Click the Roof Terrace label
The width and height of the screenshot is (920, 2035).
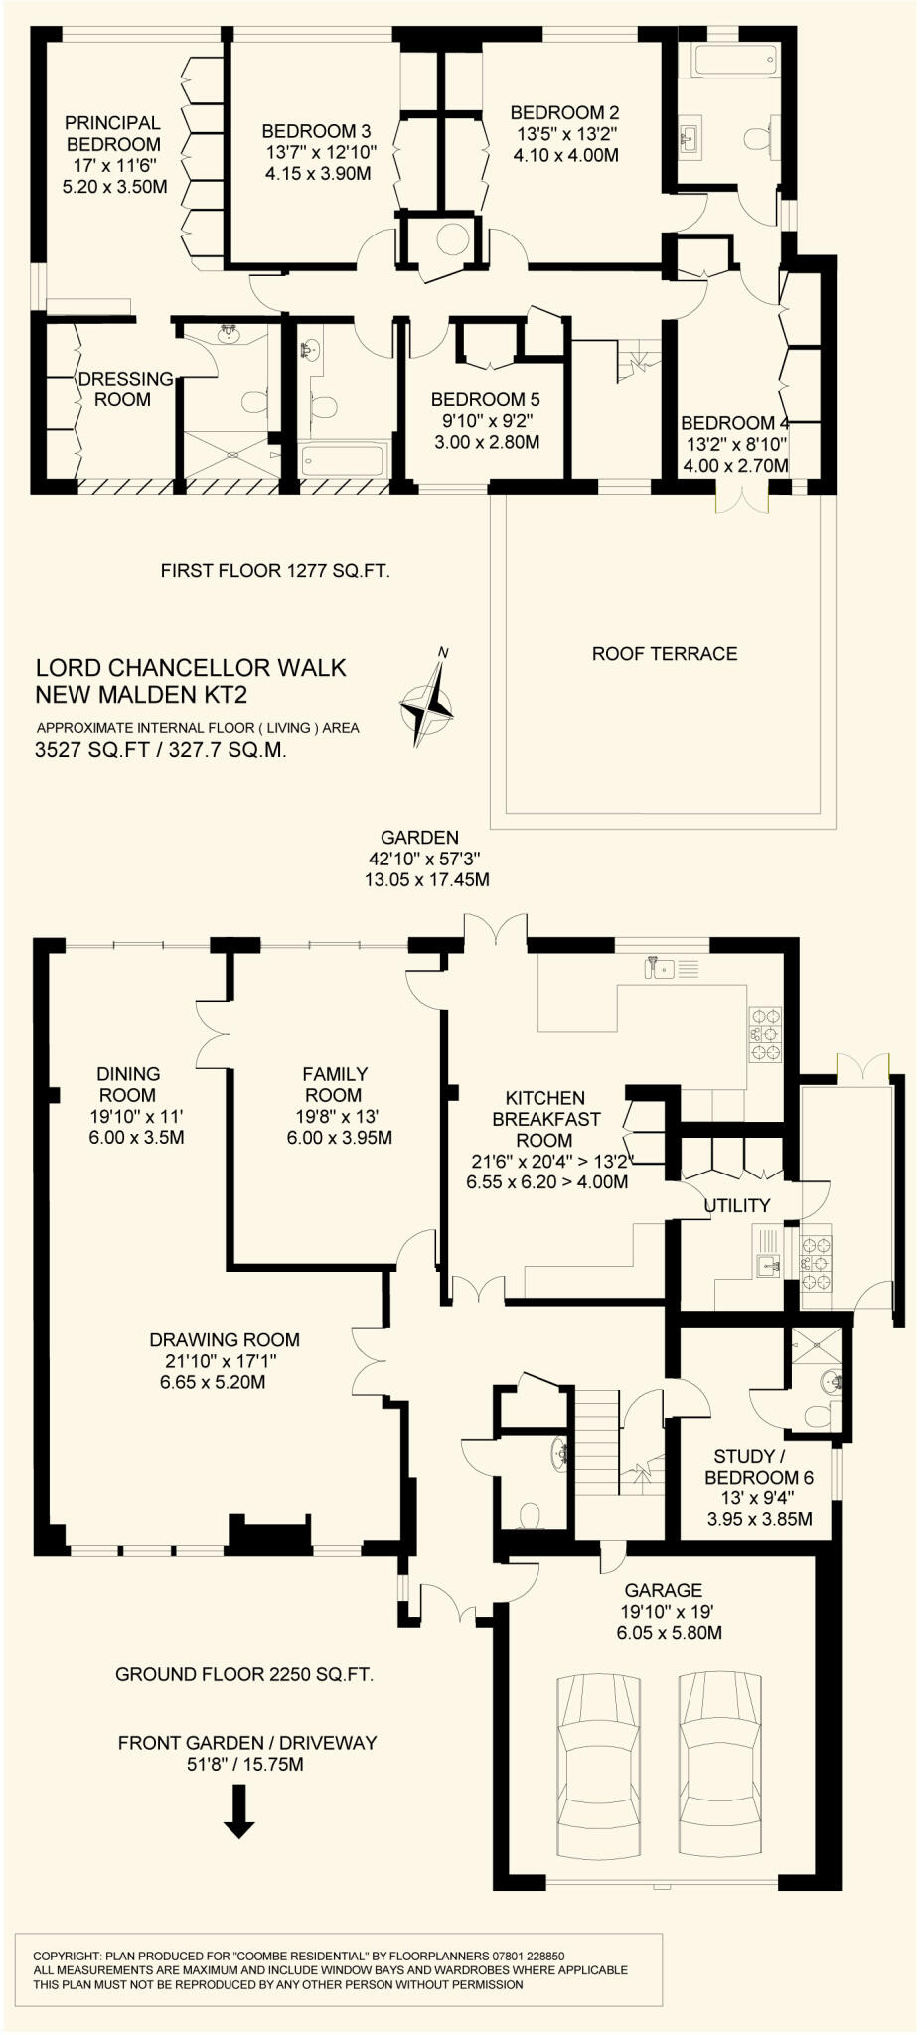point(665,654)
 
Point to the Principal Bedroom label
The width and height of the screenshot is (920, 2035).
point(113,133)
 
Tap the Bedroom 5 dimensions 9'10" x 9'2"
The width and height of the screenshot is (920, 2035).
point(487,421)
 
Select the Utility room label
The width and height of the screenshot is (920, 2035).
point(737,1205)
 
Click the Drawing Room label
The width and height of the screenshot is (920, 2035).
point(225,1340)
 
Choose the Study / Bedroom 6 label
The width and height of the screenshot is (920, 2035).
point(759,1467)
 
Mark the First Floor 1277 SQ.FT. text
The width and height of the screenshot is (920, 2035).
point(275,571)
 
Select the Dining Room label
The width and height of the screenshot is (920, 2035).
point(128,1084)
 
